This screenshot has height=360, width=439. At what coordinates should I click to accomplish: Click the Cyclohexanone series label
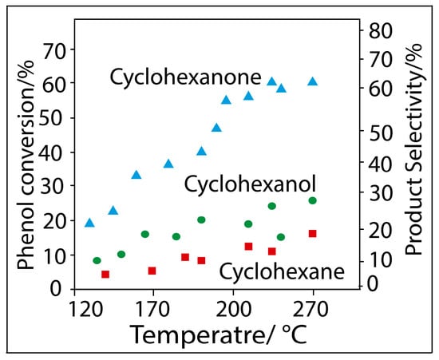pos(186,77)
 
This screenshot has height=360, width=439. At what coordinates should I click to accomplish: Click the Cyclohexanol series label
pos(250,184)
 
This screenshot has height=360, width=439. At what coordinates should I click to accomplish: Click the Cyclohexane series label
pos(282,272)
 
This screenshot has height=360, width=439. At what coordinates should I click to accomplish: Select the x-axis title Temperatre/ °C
pos(218,334)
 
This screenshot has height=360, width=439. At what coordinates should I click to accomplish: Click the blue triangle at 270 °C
pos(313,81)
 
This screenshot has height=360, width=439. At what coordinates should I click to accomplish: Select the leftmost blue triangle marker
pos(89,223)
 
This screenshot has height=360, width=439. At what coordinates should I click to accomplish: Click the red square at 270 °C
pos(313,233)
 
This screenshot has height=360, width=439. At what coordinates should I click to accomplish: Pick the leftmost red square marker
pos(105,274)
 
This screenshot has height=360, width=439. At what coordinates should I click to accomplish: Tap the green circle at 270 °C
pos(313,200)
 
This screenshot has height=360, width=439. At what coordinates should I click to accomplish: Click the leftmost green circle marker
pos(97,260)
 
